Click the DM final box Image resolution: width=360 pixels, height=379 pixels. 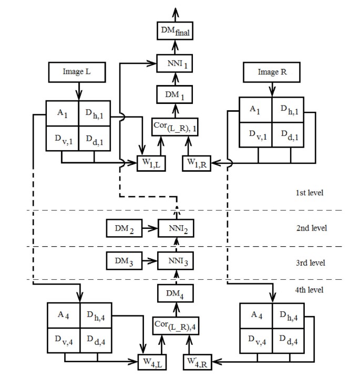click(x=176, y=33)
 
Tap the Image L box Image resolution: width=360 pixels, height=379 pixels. click(x=77, y=72)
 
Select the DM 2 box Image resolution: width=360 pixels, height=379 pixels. click(x=124, y=229)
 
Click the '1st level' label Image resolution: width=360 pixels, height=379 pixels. click(x=311, y=193)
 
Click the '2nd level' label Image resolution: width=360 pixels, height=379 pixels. click(x=312, y=228)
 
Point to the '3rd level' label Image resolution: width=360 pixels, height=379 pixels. click(x=312, y=262)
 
